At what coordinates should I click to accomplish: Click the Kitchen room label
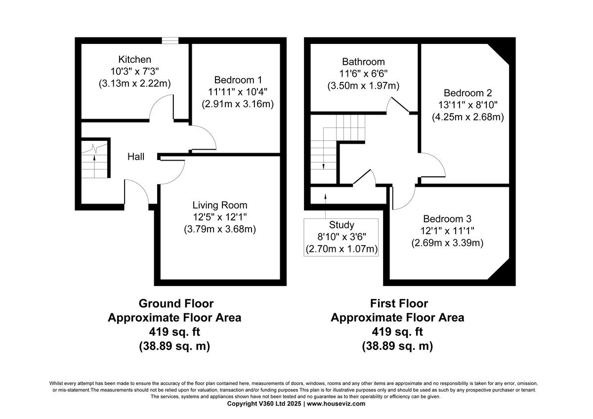[135, 59]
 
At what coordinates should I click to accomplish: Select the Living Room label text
[220, 205]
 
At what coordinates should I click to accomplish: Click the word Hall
[136, 157]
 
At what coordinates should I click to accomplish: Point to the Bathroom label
[363, 62]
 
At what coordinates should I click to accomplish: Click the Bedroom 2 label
[467, 93]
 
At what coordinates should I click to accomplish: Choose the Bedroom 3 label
[447, 218]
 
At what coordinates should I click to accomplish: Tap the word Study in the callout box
[341, 225]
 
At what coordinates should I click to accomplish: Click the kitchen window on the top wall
[170, 41]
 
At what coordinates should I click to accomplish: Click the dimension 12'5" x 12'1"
[220, 217]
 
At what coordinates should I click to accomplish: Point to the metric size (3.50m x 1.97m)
[363, 85]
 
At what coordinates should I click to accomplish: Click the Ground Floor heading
[176, 303]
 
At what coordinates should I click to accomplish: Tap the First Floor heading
[399, 303]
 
